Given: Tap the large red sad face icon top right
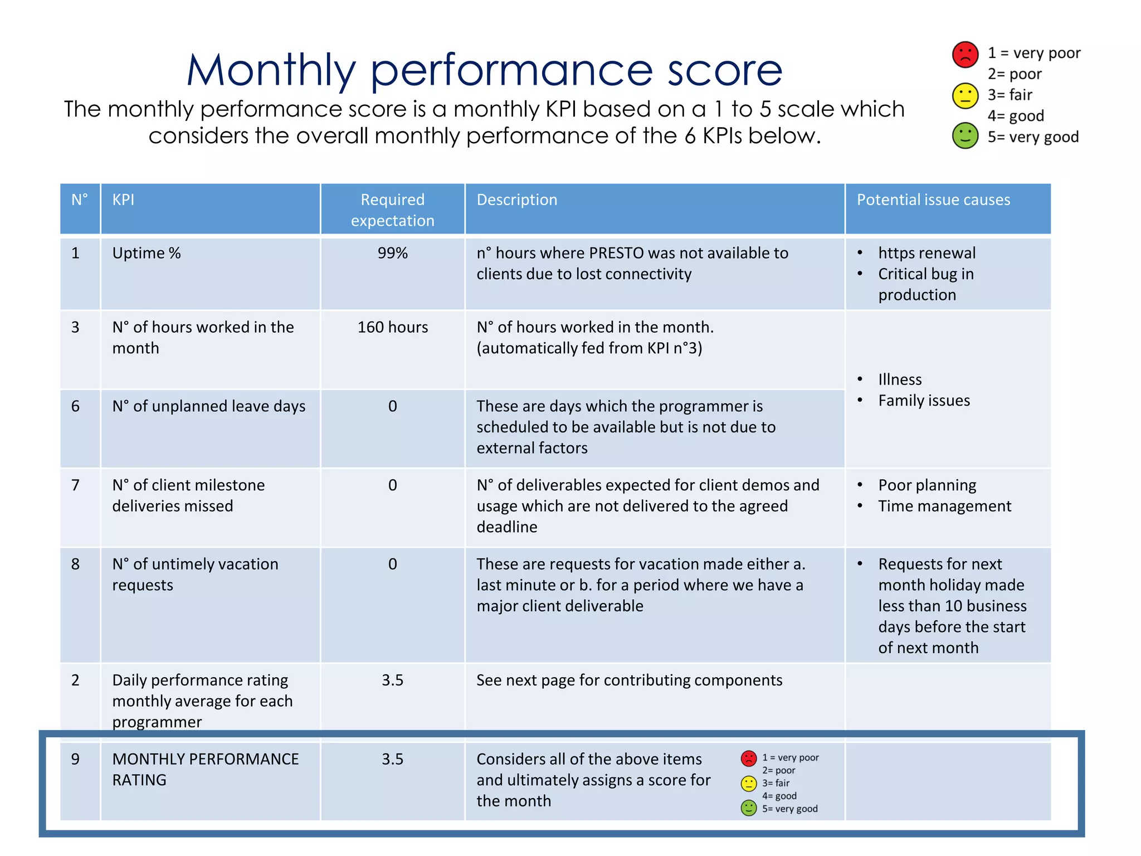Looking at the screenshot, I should pos(965,55).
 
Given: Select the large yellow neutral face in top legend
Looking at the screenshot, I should pos(965,96).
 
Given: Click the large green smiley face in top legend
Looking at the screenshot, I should pos(965,136).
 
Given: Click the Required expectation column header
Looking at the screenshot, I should pos(392,210).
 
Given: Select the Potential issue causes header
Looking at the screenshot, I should pos(933,200).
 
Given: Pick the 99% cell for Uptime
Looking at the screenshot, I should pos(392,253).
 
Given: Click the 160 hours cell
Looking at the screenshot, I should pos(392,327).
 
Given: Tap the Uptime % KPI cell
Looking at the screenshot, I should pos(147,253).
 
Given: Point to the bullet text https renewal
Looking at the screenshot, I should pos(927,253).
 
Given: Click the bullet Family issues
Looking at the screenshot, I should pos(924,400).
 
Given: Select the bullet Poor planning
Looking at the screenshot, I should pos(927,485).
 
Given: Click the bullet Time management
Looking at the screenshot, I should pos(944,506).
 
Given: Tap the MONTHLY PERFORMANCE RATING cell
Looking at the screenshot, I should pos(205,769).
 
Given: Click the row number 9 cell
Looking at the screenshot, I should pos(76,759).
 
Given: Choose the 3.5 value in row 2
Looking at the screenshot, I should pos(392,680).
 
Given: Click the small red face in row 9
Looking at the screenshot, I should pos(749,758).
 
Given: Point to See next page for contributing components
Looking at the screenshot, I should pos(629,680).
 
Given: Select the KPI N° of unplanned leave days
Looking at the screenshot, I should pos(208,406).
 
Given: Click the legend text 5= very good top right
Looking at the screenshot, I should pos(1033,137).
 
